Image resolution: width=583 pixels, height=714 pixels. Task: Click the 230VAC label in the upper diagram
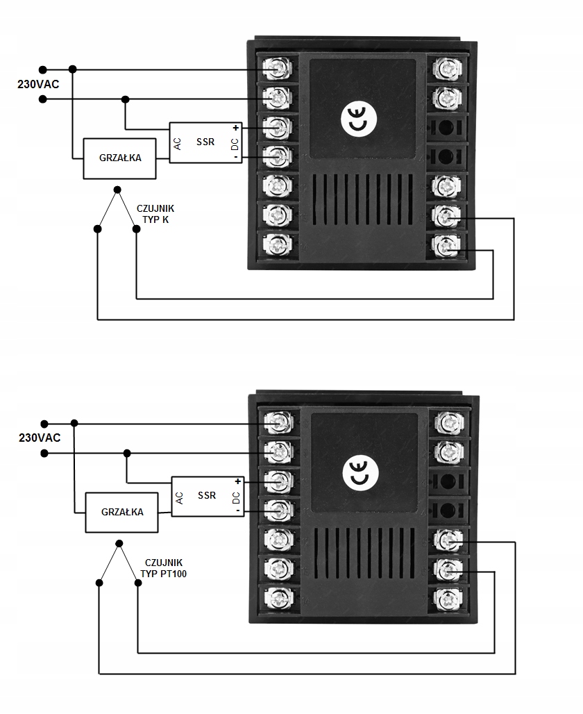[39, 84]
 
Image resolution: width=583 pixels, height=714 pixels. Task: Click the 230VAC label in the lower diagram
[40, 438]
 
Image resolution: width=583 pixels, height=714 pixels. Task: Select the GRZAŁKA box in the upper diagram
[121, 158]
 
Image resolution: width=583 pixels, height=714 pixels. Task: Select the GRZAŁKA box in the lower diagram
[122, 512]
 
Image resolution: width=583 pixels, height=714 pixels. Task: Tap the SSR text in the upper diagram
[205, 142]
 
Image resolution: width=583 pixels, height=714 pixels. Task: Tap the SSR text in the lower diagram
[207, 495]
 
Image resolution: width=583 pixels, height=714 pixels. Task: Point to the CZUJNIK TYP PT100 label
[164, 568]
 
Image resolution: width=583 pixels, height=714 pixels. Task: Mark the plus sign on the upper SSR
[235, 128]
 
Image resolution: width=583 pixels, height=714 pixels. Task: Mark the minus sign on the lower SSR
[237, 510]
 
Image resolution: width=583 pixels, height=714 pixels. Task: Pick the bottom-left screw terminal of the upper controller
[278, 244]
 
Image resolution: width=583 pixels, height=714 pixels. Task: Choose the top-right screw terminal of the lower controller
[447, 422]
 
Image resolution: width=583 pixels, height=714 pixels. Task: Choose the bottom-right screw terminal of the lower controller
[447, 597]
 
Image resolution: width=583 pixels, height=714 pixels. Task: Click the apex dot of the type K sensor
[117, 189]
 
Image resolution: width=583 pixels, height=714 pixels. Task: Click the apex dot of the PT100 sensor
[119, 543]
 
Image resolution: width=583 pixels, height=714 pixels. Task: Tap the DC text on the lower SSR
[236, 497]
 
